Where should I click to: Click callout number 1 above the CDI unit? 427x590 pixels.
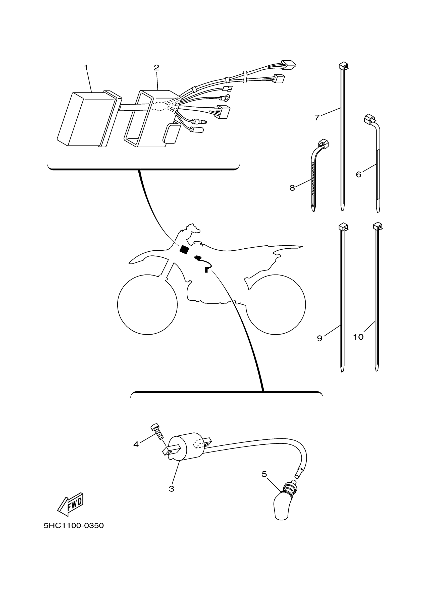point(86,68)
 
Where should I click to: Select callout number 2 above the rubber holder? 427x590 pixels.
point(156,68)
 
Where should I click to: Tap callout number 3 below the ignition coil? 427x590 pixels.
point(171,489)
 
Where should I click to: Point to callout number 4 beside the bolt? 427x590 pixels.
point(136,444)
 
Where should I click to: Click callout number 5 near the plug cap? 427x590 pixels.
point(264,474)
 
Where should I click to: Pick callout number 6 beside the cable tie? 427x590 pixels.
point(358,174)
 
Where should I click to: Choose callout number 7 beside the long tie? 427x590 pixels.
point(316,118)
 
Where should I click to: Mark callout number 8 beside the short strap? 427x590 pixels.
point(292,188)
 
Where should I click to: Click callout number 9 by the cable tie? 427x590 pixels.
point(319,338)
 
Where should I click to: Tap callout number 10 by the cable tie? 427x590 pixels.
point(358,337)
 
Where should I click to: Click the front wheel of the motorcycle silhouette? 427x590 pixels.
point(147,304)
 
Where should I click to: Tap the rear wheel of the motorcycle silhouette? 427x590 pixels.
point(276,304)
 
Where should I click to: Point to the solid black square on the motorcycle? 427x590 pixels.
point(184,249)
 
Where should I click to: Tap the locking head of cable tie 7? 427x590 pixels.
point(343,66)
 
